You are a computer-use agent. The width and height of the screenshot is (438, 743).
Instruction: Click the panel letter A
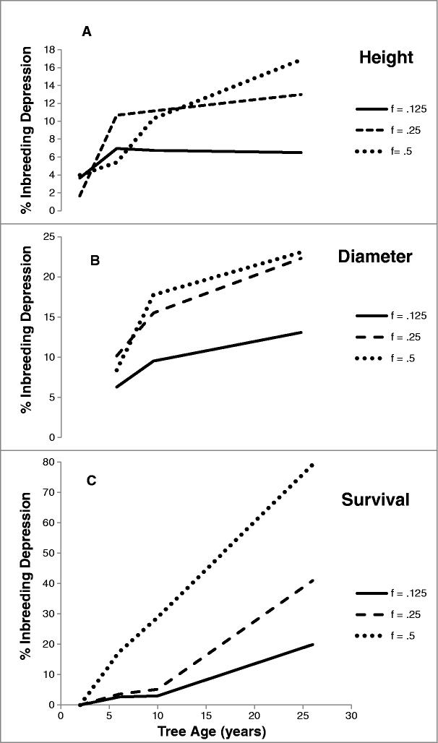pos(86,33)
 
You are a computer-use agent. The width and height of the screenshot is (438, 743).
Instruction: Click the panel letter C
pos(91,481)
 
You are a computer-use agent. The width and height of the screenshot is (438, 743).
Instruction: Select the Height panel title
pos(385,57)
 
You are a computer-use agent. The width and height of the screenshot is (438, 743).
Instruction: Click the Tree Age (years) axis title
pos(205,731)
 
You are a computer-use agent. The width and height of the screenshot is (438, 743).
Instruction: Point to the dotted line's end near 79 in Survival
pos(312,465)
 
